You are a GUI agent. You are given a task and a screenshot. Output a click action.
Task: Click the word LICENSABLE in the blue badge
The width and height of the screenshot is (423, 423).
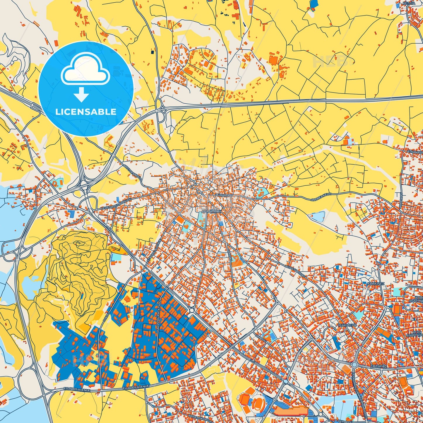pyautogui.click(x=86, y=112)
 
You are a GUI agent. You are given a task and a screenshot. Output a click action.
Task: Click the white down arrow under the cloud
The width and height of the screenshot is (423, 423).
pyautogui.click(x=81, y=95)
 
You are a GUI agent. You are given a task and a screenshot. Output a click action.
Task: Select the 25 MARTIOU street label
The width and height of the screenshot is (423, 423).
pyautogui.click(x=224, y=195)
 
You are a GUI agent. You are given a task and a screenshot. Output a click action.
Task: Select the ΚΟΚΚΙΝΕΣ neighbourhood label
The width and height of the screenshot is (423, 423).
pyautogui.click(x=376, y=284)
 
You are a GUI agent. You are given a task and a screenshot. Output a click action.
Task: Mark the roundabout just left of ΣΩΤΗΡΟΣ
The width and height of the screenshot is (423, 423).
pyautogui.click(x=354, y=365)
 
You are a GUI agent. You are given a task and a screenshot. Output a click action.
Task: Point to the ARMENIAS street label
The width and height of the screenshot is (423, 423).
pyautogui.click(x=401, y=202)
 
